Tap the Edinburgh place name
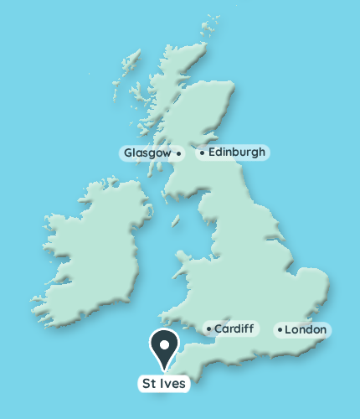tap(236, 153)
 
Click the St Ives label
tap(164, 384)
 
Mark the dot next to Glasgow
tap(178, 153)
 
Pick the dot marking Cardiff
tap(208, 328)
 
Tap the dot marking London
tap(280, 329)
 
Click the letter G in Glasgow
tap(127, 153)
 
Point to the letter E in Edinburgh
tap(211, 153)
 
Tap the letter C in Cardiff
tap(218, 329)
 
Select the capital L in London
tap(288, 330)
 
